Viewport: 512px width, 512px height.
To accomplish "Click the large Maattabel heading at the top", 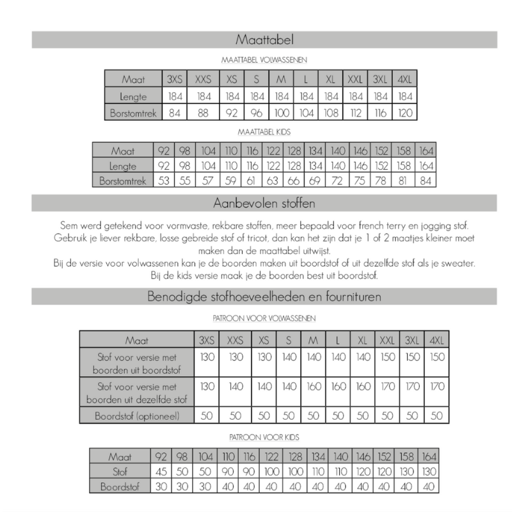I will [264, 40].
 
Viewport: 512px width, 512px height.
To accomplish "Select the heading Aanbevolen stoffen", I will [264, 204].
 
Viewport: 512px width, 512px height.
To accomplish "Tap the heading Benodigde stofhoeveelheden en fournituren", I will [264, 297].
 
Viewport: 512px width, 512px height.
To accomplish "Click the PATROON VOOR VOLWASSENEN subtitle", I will [264, 317].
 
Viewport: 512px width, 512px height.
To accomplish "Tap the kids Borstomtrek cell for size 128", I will [294, 181].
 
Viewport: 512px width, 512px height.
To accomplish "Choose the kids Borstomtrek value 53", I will [164, 181].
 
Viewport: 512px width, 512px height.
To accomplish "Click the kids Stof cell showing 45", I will [161, 472].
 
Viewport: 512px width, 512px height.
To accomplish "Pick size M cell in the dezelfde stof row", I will [313, 387].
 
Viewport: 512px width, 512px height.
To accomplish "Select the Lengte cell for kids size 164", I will [426, 166].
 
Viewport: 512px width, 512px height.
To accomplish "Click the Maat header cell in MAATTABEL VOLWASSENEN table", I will [134, 80].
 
